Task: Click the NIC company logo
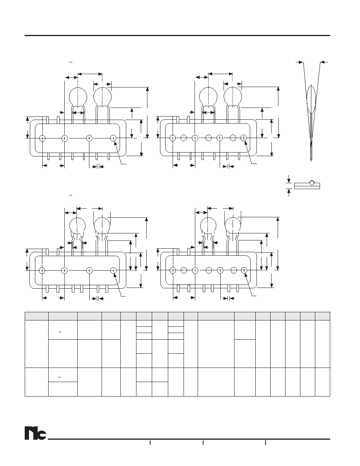pyautogui.click(x=35, y=434)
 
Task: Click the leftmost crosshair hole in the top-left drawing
pyautogui.click(x=42, y=138)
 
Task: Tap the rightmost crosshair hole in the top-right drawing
pyautogui.click(x=244, y=138)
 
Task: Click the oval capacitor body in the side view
pyautogui.click(x=311, y=99)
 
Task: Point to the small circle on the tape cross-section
pyautogui.click(x=312, y=183)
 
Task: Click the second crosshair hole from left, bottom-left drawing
pyautogui.click(x=64, y=270)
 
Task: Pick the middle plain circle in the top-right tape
pyautogui.click(x=209, y=138)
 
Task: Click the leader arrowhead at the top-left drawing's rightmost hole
pyautogui.click(x=115, y=142)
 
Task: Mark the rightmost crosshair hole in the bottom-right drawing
pyautogui.click(x=244, y=270)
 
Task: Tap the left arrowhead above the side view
pyautogui.click(x=301, y=62)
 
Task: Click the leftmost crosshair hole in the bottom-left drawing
pyautogui.click(x=42, y=270)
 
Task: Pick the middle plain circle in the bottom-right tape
pyautogui.click(x=209, y=270)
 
